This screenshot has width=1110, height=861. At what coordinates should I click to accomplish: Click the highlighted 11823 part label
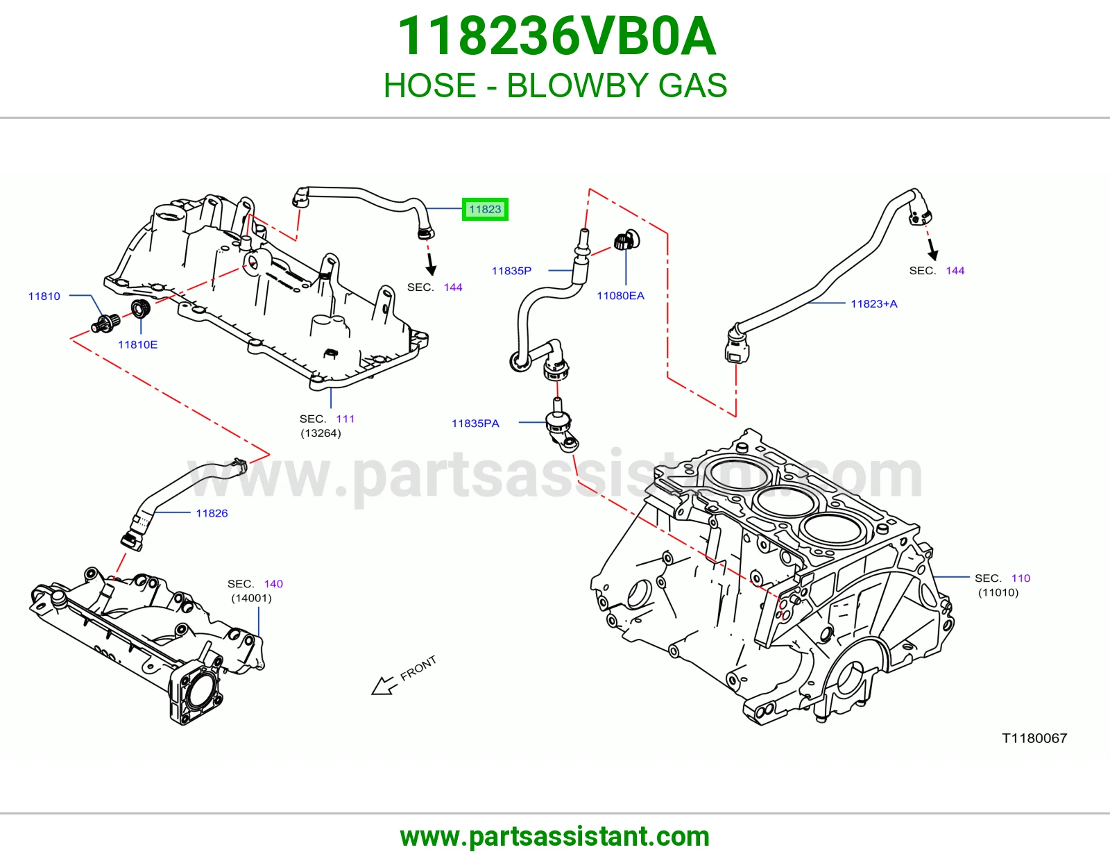coord(485,209)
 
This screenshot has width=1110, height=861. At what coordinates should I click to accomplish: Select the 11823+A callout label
coord(873,303)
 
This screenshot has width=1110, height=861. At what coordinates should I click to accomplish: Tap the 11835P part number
coord(511,271)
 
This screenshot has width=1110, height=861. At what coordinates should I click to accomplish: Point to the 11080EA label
coord(620,296)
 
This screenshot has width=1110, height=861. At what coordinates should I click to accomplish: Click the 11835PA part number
coord(475,424)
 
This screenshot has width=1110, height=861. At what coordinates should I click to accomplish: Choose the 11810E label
coord(137,344)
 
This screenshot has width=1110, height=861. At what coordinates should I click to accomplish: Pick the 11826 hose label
coord(212,513)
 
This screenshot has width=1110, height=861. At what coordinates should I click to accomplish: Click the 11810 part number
coord(44,296)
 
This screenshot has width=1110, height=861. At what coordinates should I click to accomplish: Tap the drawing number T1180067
coord(1034,738)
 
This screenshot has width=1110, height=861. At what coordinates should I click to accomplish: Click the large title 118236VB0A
coord(556,36)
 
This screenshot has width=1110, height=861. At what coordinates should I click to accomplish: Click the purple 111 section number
coord(345,419)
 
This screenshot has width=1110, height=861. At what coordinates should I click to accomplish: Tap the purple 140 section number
coord(273,584)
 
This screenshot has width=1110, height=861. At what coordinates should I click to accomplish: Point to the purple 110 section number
coord(1021,578)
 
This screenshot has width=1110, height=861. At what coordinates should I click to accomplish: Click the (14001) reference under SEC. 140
coord(251,599)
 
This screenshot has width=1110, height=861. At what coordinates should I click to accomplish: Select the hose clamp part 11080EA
coord(626,240)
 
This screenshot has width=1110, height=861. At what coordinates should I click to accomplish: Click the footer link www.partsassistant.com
coord(555,837)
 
